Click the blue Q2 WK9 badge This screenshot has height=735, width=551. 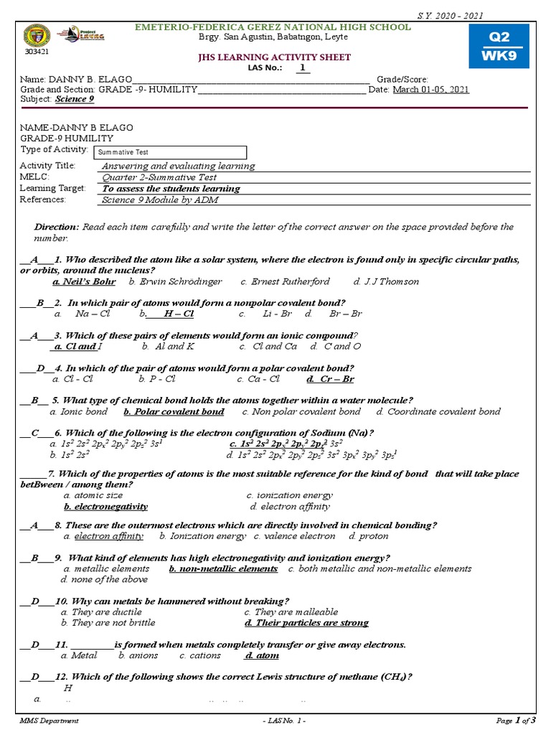click(x=498, y=45)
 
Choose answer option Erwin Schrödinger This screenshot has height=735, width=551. click(x=175, y=281)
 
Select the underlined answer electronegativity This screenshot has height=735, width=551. click(x=105, y=506)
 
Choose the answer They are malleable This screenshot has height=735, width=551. click(x=291, y=612)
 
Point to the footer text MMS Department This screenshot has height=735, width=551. click(x=49, y=720)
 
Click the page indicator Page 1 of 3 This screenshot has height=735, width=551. click(x=516, y=720)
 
